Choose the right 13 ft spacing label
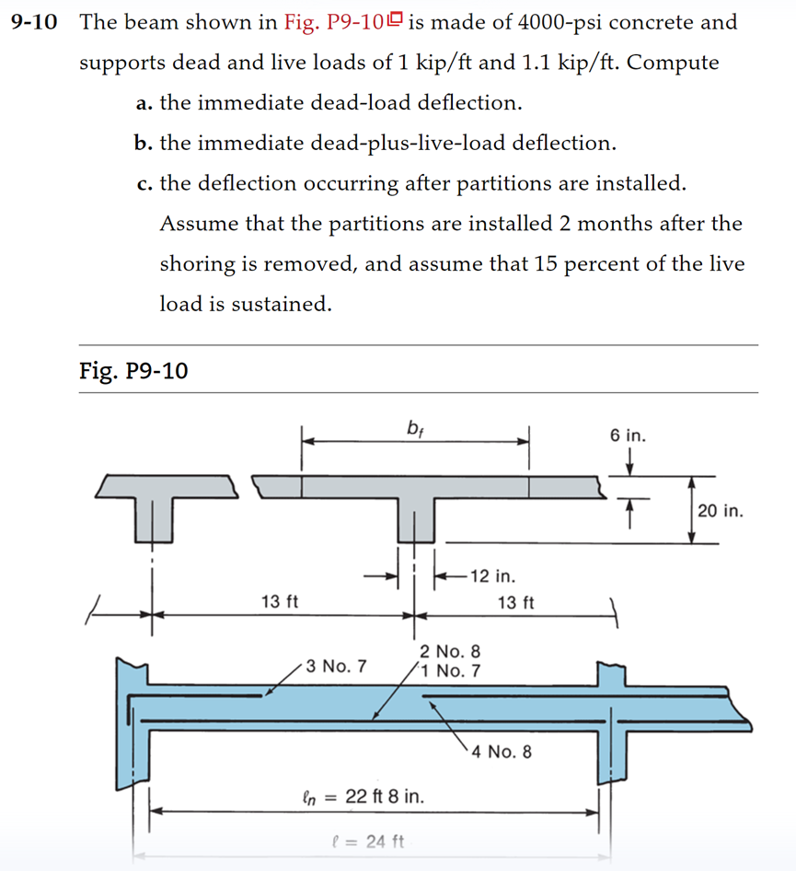coord(515,603)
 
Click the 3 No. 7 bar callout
coord(336,665)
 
